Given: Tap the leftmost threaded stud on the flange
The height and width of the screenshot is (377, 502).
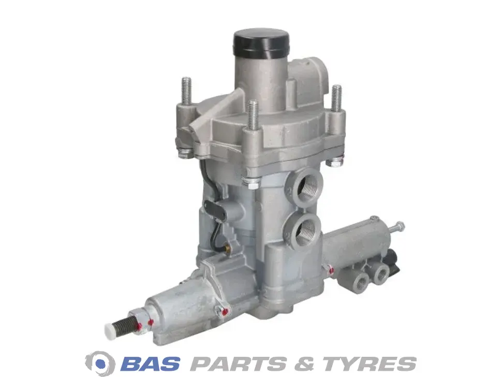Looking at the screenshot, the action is (x=186, y=91).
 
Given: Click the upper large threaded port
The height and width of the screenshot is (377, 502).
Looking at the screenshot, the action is (x=307, y=187).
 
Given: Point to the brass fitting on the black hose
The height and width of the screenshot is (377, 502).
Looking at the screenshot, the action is (x=228, y=247).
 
